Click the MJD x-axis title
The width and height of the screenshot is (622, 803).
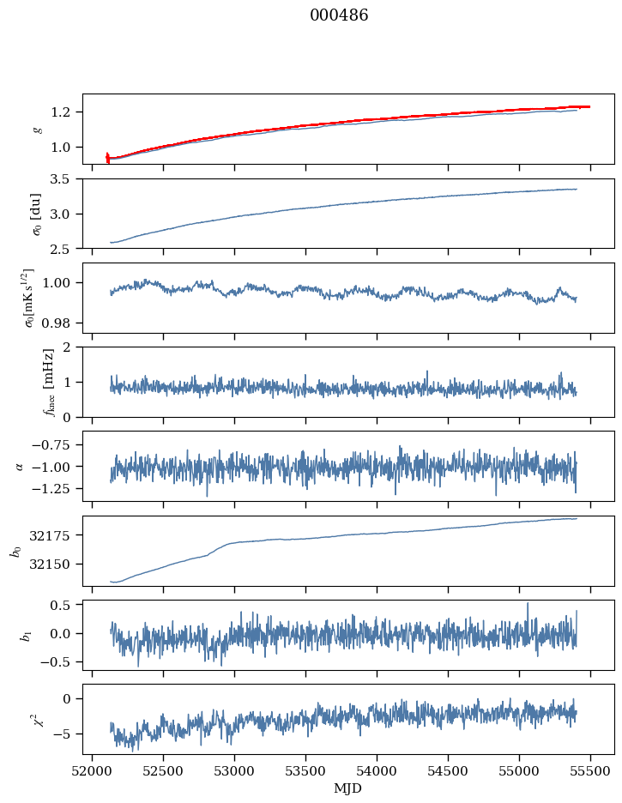tap(347, 788)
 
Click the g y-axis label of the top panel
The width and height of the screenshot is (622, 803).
tap(37, 129)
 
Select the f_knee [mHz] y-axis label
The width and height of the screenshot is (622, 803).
tap(25, 382)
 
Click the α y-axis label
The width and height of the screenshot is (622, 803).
tap(21, 466)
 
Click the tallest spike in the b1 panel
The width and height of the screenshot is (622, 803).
tap(528, 603)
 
